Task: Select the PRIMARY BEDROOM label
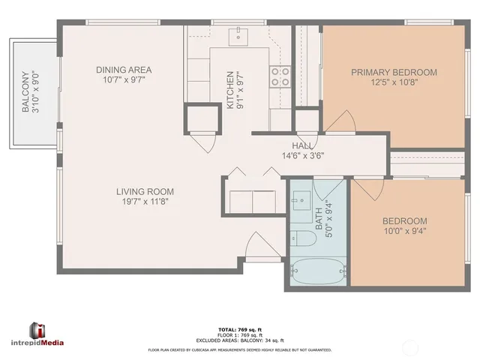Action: (x=394, y=72)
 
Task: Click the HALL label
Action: (x=302, y=145)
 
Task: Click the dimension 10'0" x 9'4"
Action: (x=404, y=232)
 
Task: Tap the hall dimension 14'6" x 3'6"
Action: (x=302, y=156)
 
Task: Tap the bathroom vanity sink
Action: (x=301, y=200)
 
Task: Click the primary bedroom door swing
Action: (x=343, y=120)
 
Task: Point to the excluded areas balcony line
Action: (x=239, y=340)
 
